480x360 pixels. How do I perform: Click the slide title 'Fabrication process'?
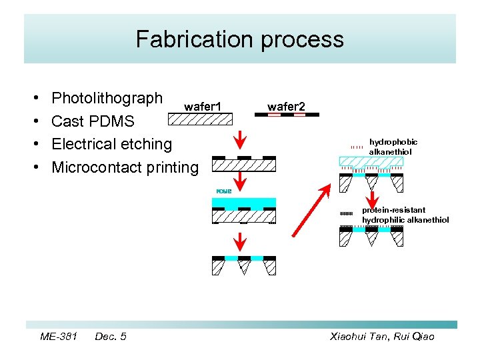point(240,39)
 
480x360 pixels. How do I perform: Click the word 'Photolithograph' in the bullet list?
point(107,99)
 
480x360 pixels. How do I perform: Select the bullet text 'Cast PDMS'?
point(93,121)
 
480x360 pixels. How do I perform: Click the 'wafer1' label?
point(203,106)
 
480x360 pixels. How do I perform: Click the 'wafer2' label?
point(286,106)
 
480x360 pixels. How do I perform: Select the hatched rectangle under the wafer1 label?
point(199,119)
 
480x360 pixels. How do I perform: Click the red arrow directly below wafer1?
point(242,142)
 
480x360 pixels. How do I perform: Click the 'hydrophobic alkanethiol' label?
point(393,147)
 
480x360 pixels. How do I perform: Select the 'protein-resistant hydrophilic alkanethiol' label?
point(405,215)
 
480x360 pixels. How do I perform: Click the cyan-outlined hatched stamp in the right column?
point(371,161)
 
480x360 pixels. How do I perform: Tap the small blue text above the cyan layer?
point(223,191)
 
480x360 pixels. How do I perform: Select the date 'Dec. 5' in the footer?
point(111,337)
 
